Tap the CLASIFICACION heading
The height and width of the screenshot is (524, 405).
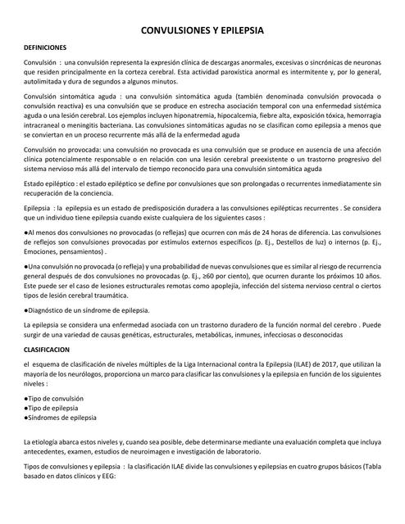pos(49,348)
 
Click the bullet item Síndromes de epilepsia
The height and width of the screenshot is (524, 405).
pos(61,417)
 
